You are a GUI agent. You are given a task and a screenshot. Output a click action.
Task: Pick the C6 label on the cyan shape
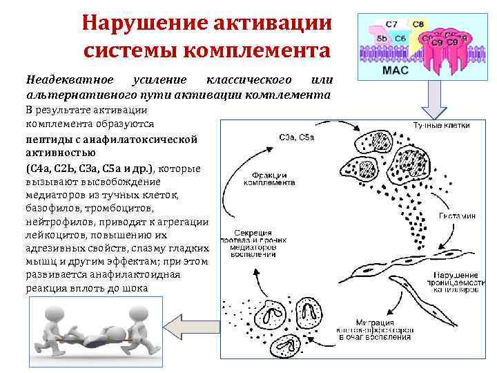400,39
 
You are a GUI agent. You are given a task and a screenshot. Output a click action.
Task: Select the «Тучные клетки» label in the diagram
441,126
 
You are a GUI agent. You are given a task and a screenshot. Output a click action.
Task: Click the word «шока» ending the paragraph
135,288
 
